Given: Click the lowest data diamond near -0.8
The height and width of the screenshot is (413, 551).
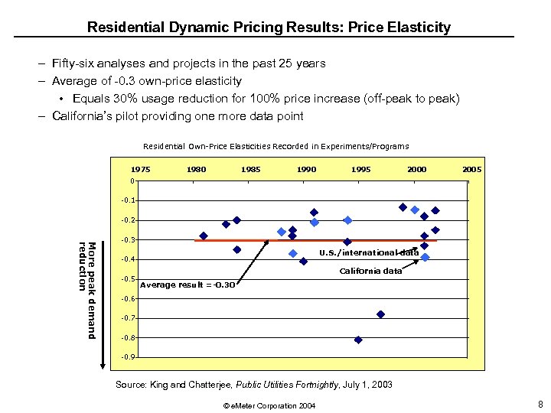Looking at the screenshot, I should tap(358, 340).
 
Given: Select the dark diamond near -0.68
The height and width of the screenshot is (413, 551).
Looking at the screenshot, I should tap(380, 314).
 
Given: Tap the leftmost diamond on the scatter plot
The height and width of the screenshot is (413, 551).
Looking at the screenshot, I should tap(204, 236).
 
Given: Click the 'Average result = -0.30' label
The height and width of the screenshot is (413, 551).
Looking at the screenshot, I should tap(187, 285).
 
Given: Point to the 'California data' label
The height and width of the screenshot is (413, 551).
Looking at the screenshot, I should tap(370, 271).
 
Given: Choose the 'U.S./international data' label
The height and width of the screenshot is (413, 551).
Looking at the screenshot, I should tap(368, 252).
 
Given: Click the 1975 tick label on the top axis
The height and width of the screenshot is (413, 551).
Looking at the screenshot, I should tap(140, 169).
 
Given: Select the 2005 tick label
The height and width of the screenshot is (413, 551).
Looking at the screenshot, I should tap(471, 169).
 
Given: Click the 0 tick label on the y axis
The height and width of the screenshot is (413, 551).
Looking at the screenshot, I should tap(132, 181).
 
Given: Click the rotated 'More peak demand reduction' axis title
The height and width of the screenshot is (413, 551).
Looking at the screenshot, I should tap(86, 290).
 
